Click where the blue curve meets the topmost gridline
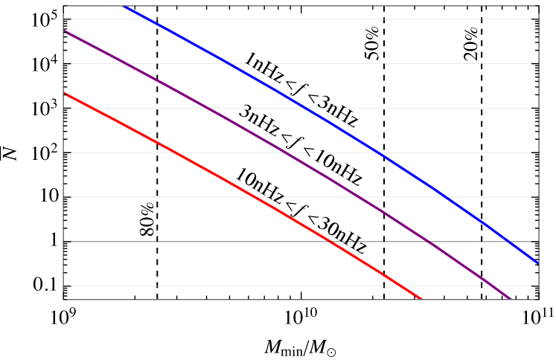[x=146, y=19]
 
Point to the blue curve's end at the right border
[x=537, y=263]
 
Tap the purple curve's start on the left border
[x=65, y=31]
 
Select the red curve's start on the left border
[x=65, y=93]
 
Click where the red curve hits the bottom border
[x=422, y=299]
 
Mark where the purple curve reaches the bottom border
[x=512, y=299]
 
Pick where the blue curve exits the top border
[x=124, y=6]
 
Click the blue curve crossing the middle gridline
[x=380, y=152]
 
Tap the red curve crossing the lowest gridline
[x=403, y=286]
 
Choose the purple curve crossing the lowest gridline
[x=493, y=286]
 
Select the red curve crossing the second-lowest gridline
[x=333, y=242]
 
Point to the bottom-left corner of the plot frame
[x=65, y=299]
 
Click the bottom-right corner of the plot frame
[x=537, y=299]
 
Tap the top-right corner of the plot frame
[x=537, y=6]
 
